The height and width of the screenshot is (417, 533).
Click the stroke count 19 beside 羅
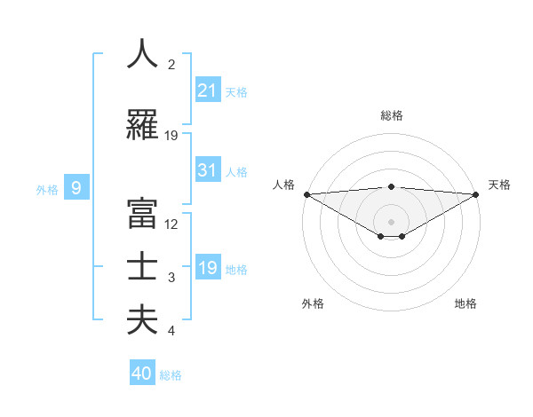171,136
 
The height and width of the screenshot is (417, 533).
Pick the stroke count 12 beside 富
171,224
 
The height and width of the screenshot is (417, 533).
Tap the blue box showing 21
208,90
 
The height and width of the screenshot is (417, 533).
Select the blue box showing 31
208,170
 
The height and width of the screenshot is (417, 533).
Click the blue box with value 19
208,268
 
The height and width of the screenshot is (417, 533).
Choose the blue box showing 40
142,374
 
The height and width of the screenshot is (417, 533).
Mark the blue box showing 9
76,187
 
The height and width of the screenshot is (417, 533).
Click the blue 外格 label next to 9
48,188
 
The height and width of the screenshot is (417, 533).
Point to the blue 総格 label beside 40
171,375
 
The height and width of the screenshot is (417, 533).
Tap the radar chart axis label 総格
392,115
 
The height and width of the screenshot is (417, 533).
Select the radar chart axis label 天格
500,185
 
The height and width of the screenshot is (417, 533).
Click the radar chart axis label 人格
283,185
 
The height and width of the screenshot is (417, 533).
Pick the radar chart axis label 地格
465,303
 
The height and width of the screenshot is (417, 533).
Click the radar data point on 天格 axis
476,193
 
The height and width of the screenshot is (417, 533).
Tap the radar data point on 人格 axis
306,193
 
